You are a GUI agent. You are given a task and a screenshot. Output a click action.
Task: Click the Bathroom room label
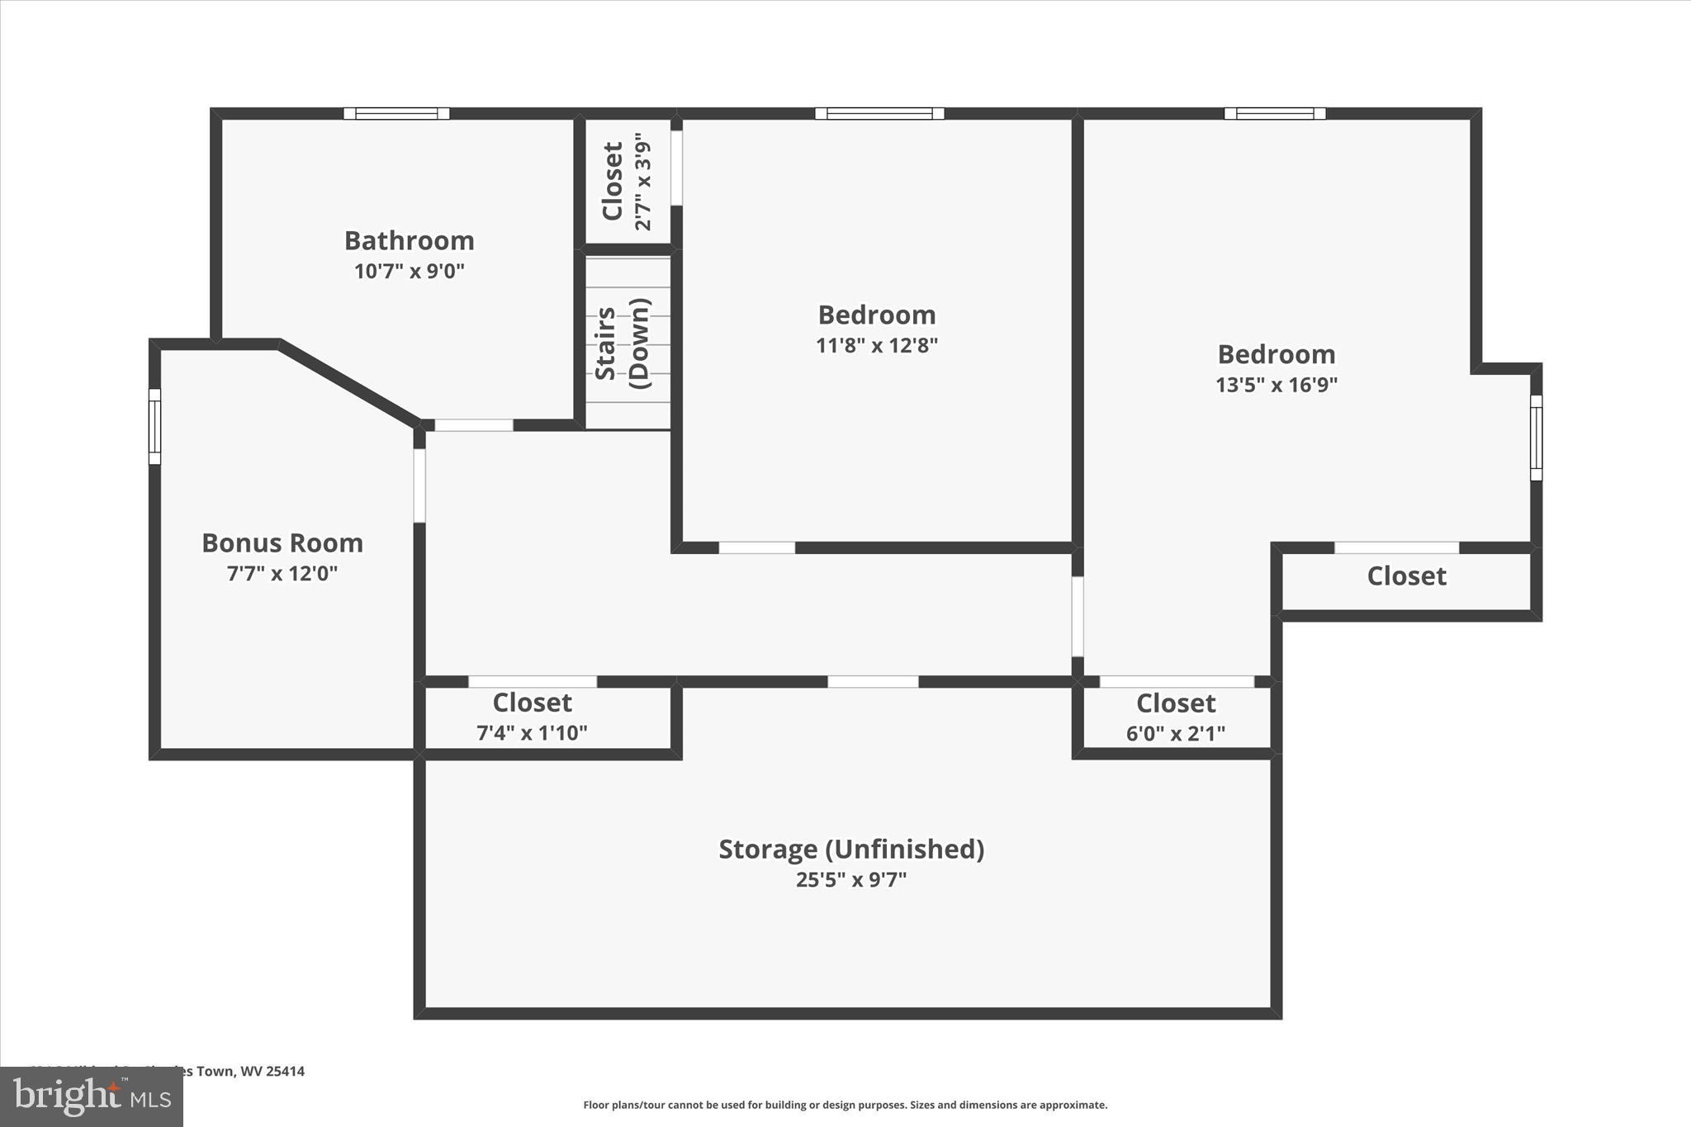tap(409, 240)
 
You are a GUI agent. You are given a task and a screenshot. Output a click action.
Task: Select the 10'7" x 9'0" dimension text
tap(409, 271)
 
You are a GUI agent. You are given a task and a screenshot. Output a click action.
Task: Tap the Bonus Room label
tap(282, 542)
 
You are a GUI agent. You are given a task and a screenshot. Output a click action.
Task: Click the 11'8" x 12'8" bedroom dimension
tap(877, 345)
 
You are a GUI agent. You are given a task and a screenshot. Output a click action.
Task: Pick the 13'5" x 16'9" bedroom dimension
tap(1276, 385)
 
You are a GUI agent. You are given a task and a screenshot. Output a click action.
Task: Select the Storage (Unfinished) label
tap(851, 849)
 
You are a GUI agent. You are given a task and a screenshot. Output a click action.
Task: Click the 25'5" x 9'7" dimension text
tap(851, 880)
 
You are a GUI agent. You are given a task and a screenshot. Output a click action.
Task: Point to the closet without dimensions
tap(1406, 576)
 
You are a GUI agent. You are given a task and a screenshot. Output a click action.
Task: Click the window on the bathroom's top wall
tap(396, 114)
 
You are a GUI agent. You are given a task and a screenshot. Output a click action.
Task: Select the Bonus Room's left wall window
tap(154, 426)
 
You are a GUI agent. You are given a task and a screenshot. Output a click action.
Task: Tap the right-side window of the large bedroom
tap(1536, 438)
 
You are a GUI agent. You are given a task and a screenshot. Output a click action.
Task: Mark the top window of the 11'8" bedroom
tap(879, 114)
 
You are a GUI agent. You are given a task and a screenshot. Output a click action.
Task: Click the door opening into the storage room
tap(873, 682)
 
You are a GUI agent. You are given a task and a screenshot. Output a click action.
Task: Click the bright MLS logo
tap(92, 1096)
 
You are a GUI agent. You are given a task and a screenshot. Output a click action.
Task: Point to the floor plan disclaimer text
tap(845, 1105)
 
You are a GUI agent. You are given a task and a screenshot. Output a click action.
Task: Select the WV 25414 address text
tap(272, 1071)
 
